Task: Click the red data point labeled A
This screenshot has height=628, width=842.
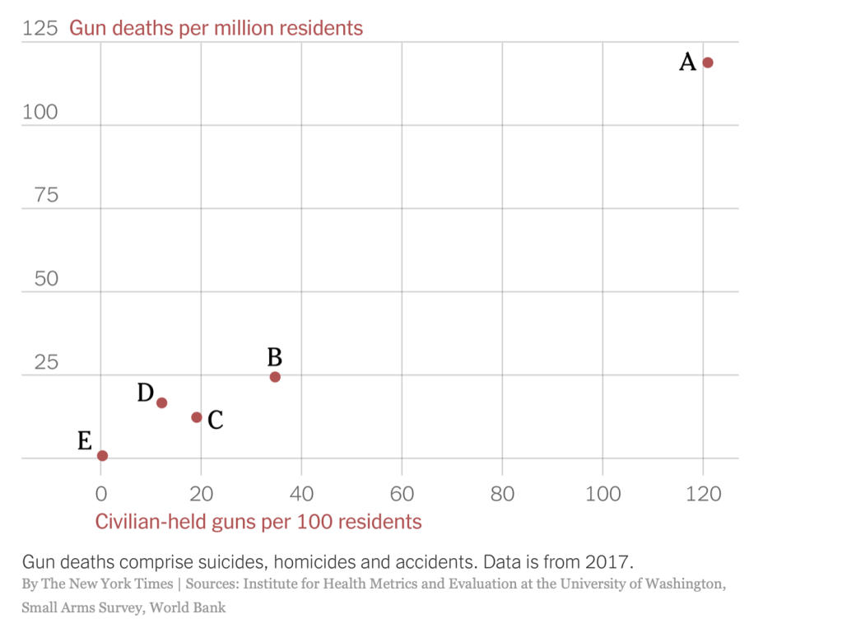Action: click(707, 63)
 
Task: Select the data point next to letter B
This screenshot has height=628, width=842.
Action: click(275, 377)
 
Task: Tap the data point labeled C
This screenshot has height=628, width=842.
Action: click(197, 417)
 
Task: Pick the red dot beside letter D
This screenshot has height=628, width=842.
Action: click(162, 402)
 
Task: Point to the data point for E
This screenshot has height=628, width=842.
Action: click(102, 455)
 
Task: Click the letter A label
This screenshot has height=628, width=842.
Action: click(687, 62)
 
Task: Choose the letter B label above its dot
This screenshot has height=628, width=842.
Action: click(275, 357)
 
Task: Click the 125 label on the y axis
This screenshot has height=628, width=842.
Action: click(40, 28)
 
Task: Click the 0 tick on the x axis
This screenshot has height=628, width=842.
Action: click(100, 494)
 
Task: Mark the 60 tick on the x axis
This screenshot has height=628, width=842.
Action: click(402, 494)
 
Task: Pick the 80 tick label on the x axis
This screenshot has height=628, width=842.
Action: click(502, 494)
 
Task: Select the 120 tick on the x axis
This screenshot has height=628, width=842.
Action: click(704, 494)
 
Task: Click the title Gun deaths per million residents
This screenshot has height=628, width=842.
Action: click(216, 28)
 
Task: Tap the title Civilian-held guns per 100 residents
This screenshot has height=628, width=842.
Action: click(258, 522)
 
